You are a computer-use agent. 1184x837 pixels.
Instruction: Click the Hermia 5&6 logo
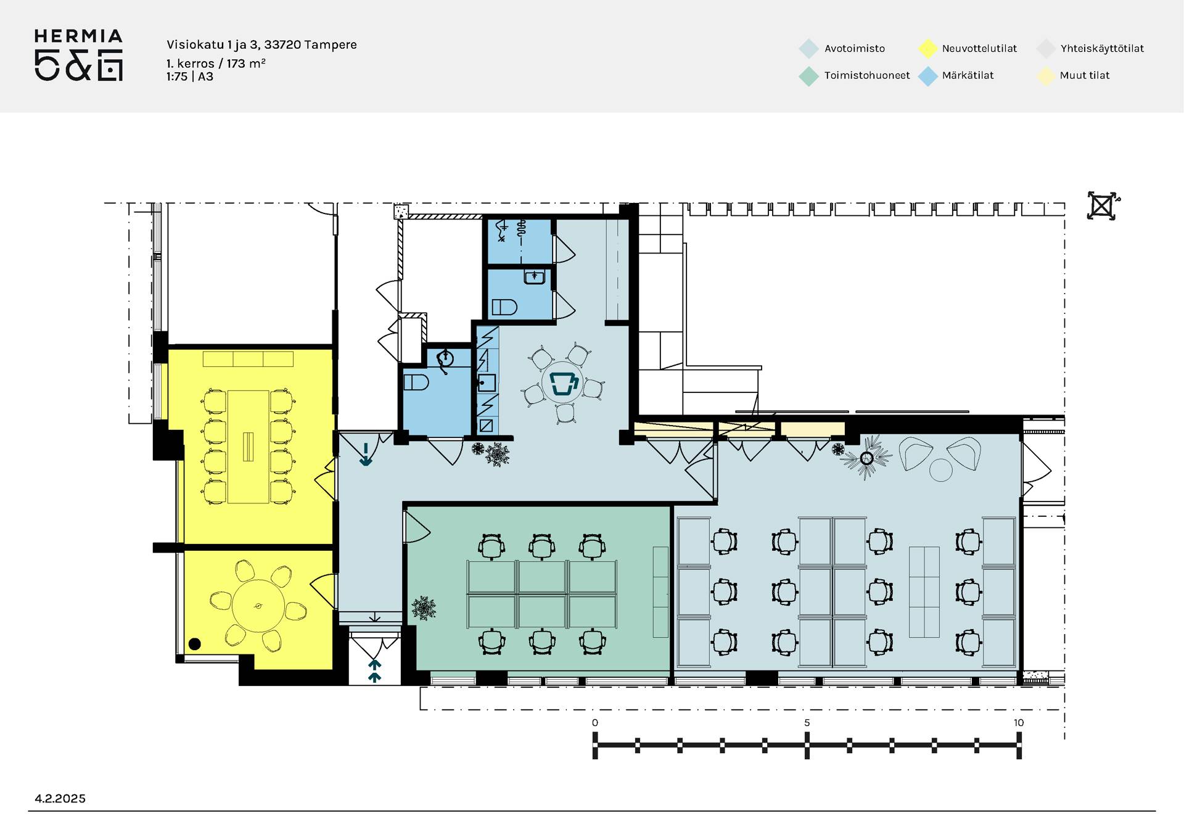point(78,55)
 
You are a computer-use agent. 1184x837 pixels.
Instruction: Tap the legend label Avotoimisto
point(854,49)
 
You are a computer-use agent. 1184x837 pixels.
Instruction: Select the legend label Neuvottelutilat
point(979,49)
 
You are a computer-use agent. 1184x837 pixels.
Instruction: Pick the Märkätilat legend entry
point(968,75)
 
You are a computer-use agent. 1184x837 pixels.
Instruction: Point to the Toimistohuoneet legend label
point(867,75)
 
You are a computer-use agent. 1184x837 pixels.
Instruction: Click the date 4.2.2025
point(60,798)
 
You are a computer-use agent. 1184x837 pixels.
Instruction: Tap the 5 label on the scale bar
point(807,722)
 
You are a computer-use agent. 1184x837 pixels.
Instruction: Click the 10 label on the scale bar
point(1018,722)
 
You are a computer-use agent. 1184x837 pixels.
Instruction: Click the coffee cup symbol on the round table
point(564,383)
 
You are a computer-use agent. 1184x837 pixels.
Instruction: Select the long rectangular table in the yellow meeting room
point(248,447)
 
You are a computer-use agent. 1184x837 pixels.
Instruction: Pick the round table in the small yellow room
point(258,606)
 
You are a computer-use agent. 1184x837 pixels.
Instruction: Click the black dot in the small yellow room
point(195,644)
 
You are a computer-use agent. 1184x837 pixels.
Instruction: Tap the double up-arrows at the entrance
point(374,671)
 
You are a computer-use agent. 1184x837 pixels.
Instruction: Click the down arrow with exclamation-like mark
point(366,454)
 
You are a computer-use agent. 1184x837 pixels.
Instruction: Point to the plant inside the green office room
point(424,608)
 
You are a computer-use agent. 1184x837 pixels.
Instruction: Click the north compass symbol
point(1103,206)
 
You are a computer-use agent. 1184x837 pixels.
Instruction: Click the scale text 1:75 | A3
point(189,76)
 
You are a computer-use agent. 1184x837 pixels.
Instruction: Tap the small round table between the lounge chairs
point(940,470)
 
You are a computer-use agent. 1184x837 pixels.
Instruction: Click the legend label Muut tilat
point(1084,75)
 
